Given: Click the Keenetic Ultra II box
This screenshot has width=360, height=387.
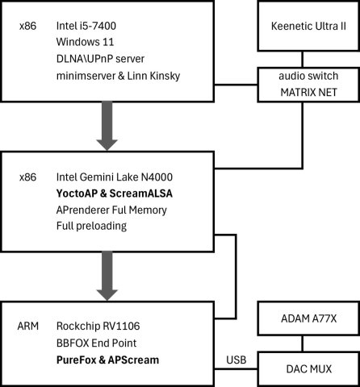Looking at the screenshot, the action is (x=308, y=26).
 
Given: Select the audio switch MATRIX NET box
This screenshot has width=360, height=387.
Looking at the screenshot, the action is (x=308, y=85).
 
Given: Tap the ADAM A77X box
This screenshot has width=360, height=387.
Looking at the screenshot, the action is (x=308, y=318).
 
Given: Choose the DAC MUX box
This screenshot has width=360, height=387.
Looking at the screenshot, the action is (x=308, y=368).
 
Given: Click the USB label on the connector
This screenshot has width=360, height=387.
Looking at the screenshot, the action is (x=237, y=360).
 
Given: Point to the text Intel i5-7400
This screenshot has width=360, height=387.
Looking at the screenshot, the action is (x=86, y=26).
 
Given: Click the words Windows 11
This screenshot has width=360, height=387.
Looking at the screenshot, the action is (x=85, y=42).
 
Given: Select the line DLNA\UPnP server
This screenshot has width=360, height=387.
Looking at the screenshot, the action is (x=100, y=59).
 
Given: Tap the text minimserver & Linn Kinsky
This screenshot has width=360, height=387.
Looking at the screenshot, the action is (x=118, y=76).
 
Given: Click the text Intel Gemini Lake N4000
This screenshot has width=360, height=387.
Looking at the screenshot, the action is (x=115, y=177).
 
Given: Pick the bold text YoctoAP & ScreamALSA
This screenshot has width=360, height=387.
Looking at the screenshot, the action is (x=115, y=193).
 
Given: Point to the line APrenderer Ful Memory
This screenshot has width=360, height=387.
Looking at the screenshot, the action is (x=111, y=210).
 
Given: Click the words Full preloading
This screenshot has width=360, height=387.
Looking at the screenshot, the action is (x=91, y=227).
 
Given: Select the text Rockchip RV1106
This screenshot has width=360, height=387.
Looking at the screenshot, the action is (x=98, y=326).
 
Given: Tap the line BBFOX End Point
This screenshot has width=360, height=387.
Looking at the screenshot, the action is (x=96, y=343).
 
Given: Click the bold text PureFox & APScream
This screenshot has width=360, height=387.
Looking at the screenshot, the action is (x=107, y=360).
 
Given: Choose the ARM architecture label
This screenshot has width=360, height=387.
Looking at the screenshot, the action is (x=28, y=326).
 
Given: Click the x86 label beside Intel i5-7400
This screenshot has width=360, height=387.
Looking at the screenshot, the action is (x=27, y=26).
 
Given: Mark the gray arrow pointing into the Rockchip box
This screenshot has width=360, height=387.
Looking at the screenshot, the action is (x=107, y=276).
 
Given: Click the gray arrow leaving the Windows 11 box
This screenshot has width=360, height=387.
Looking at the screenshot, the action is (x=107, y=126).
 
